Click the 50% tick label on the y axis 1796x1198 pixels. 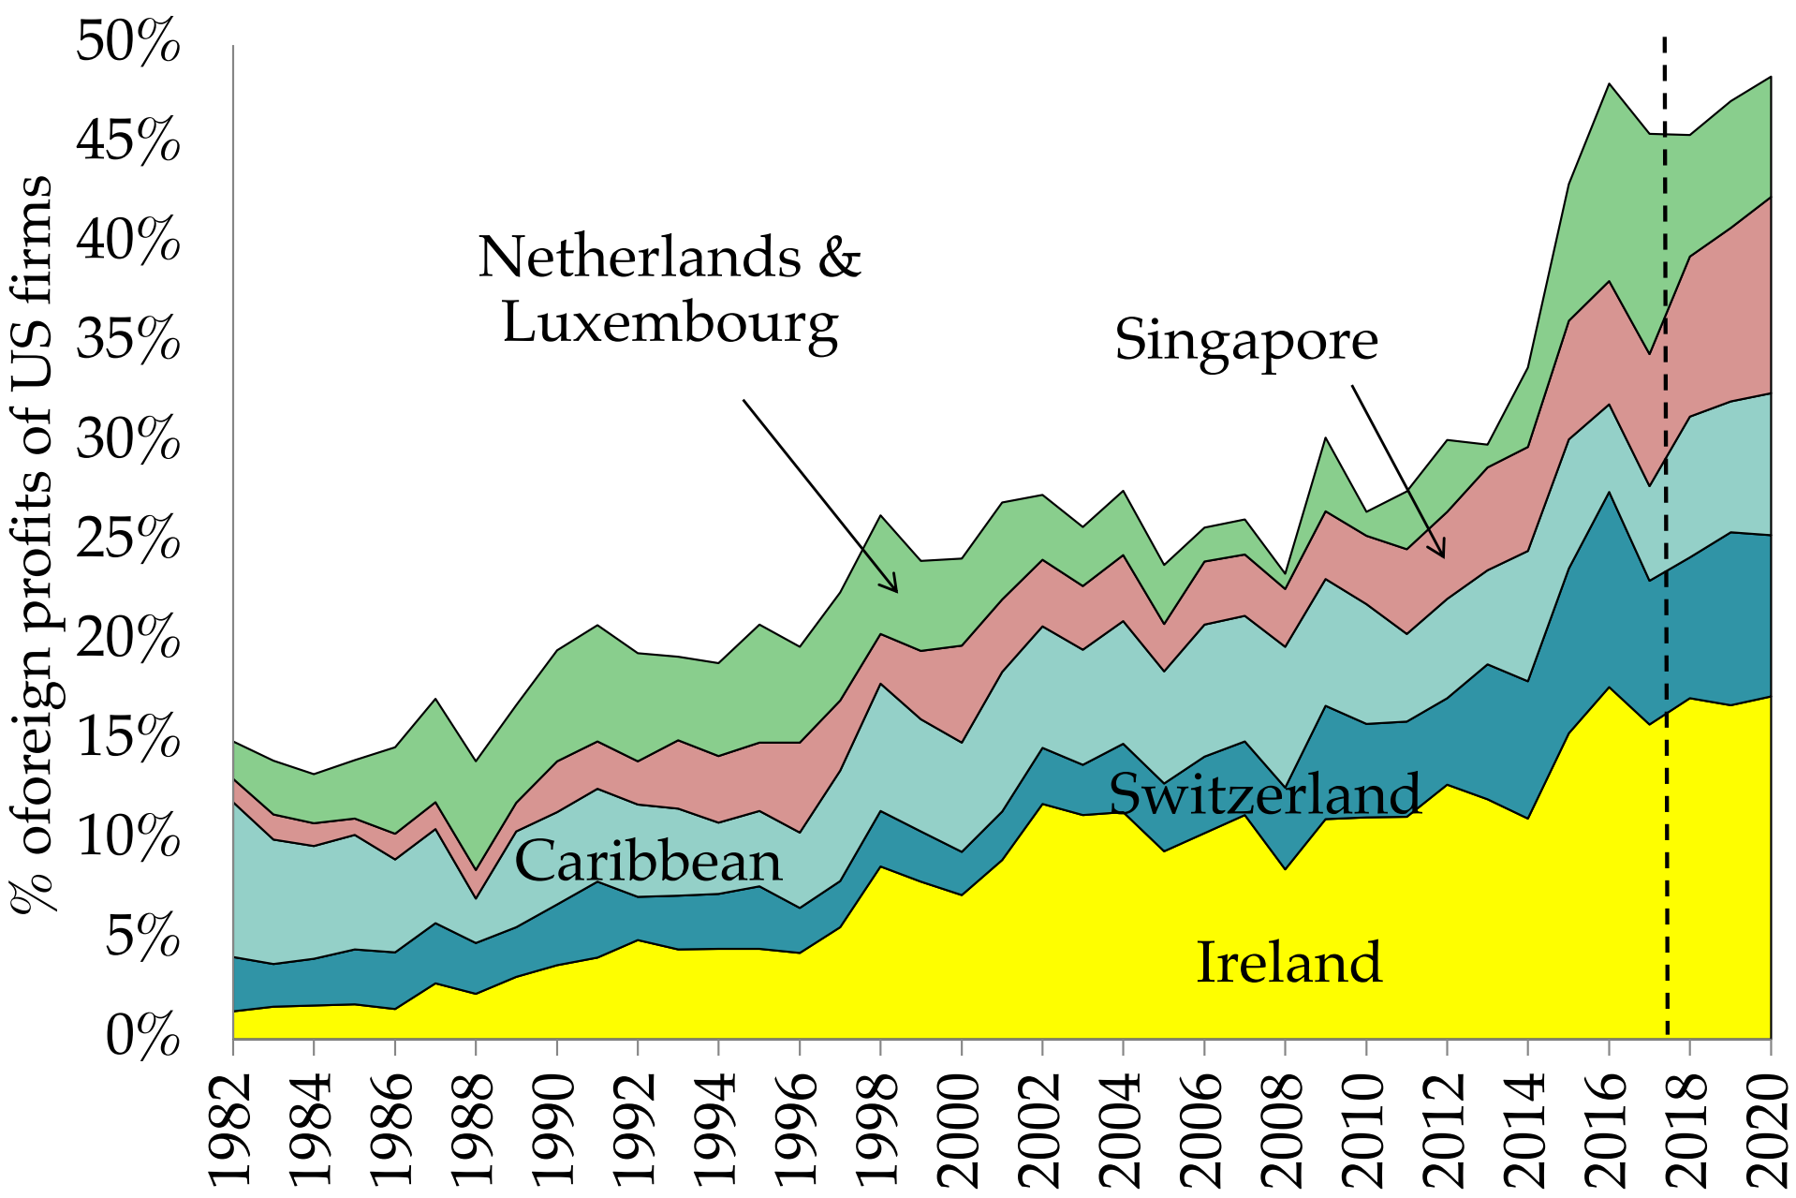click(127, 43)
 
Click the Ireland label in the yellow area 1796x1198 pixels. click(1289, 962)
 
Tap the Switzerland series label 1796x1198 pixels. click(1264, 794)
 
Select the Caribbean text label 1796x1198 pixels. click(648, 862)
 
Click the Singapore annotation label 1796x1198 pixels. click(1245, 339)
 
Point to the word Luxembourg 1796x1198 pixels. click(670, 323)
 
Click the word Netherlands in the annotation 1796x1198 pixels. click(640, 257)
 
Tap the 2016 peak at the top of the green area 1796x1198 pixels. click(1609, 84)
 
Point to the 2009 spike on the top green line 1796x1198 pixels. click(1326, 438)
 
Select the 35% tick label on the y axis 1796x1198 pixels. click(127, 341)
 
